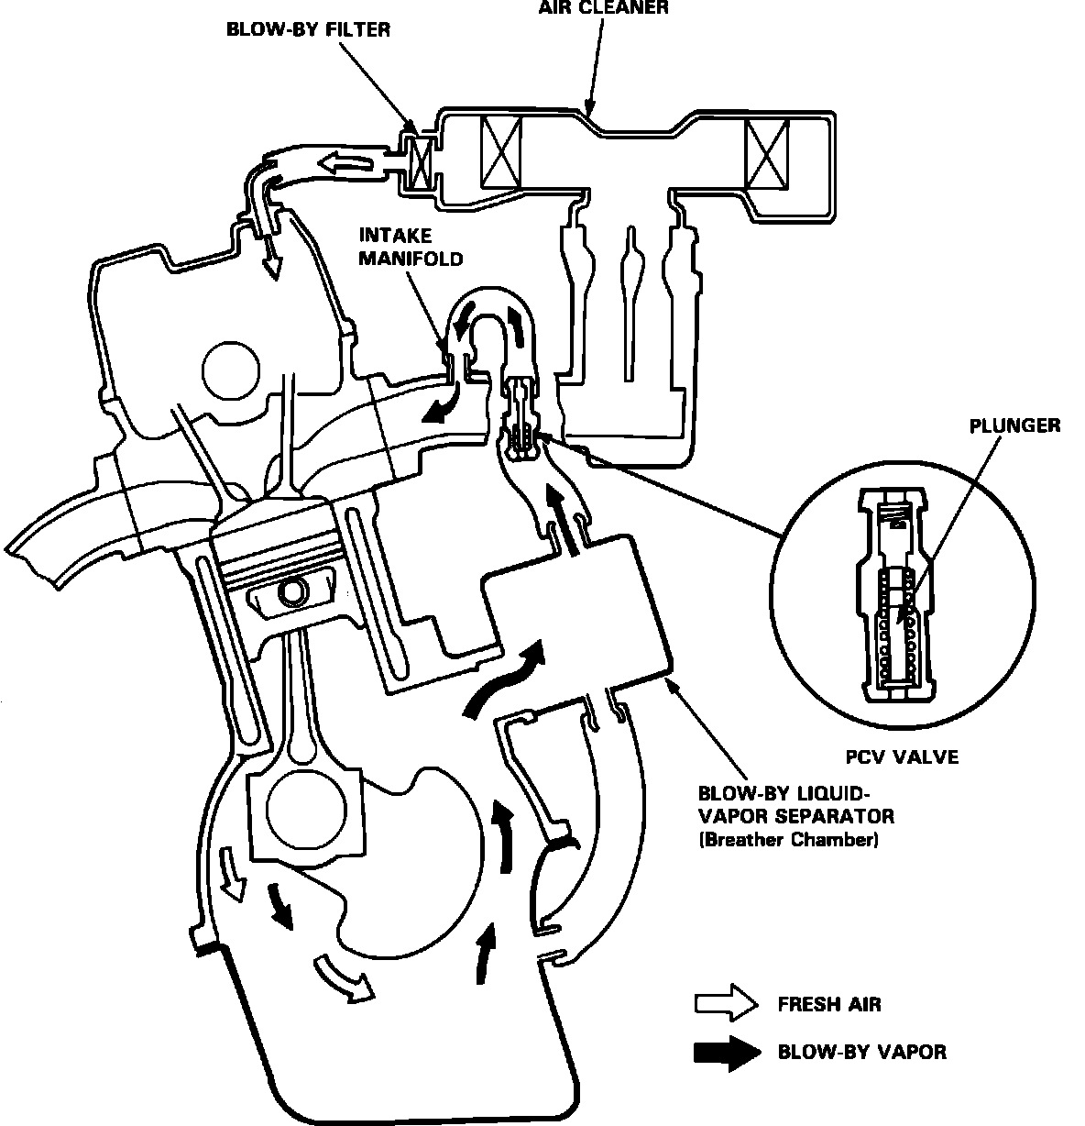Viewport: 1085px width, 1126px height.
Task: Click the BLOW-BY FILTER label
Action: point(309,30)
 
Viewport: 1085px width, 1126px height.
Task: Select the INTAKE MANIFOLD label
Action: point(410,247)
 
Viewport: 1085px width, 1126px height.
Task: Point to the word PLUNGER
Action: point(1015,425)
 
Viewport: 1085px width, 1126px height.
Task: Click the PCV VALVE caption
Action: point(901,757)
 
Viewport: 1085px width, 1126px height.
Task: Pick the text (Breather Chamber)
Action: point(788,839)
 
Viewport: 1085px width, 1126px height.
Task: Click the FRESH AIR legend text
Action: point(829,1003)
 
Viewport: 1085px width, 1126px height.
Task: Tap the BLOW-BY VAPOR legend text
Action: point(861,1051)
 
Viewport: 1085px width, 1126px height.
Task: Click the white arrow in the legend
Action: point(726,1005)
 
